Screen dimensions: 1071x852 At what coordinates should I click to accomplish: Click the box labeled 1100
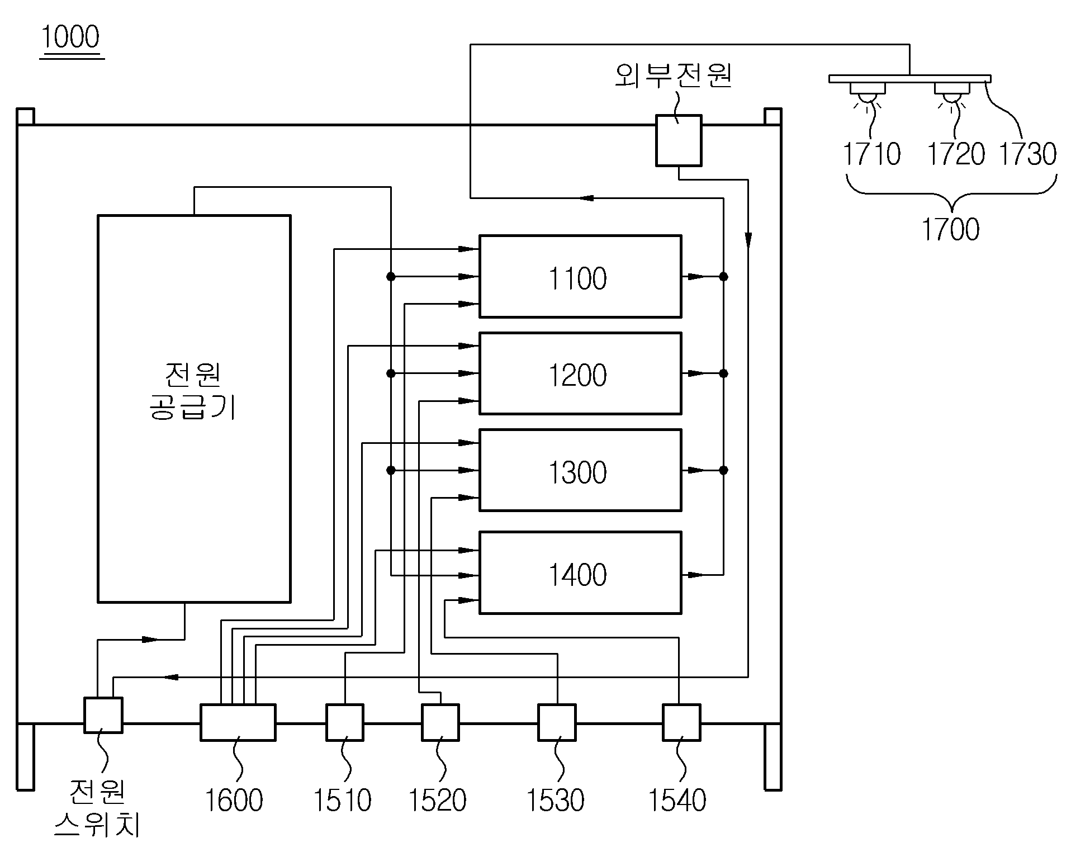580,277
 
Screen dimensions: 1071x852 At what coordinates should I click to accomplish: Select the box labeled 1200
580,373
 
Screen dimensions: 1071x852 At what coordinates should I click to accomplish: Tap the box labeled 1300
580,470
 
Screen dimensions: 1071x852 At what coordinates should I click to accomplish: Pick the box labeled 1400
580,573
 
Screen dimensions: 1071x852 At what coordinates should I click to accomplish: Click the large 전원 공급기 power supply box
194,409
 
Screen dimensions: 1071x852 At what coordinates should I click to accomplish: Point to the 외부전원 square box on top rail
679,141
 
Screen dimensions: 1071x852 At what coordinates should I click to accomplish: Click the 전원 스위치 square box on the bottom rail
103,715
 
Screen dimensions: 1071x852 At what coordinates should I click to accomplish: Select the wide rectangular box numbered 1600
238,722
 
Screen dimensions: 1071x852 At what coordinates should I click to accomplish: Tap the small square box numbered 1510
345,722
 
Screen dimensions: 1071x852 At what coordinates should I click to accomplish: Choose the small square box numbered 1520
440,722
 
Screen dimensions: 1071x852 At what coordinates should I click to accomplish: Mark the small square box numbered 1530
557,722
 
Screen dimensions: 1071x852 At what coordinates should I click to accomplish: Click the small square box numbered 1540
681,722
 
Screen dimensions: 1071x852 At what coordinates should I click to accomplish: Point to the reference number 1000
71,37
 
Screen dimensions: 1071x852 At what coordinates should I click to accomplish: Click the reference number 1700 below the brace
950,229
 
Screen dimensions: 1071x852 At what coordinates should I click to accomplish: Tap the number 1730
1027,154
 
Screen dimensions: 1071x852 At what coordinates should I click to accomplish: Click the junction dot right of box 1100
723,277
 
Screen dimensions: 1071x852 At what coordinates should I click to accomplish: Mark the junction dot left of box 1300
391,470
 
